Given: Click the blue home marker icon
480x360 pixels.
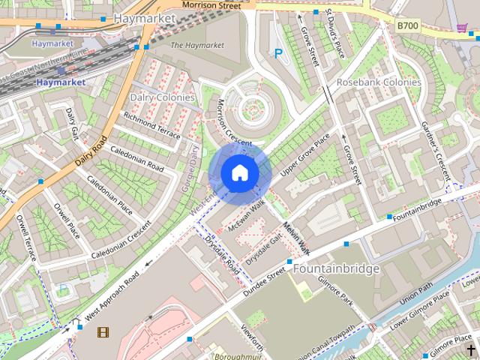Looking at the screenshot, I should [x=240, y=173].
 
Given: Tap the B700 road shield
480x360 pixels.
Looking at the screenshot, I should [x=407, y=25].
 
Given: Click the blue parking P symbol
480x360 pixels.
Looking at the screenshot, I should [x=278, y=53].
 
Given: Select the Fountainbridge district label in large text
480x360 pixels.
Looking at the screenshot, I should [x=336, y=268].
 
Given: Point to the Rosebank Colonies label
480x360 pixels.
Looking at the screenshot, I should [x=379, y=82].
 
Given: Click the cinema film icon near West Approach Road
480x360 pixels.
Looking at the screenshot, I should [x=103, y=331].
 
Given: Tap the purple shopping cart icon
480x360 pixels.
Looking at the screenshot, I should [x=462, y=28].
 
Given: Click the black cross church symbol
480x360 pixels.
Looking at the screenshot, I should [x=471, y=350].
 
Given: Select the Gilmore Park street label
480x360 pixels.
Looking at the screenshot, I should [x=336, y=291].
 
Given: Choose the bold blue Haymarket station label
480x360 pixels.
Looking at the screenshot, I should [x=61, y=81].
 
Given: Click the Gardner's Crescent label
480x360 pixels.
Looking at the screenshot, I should [x=434, y=145].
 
